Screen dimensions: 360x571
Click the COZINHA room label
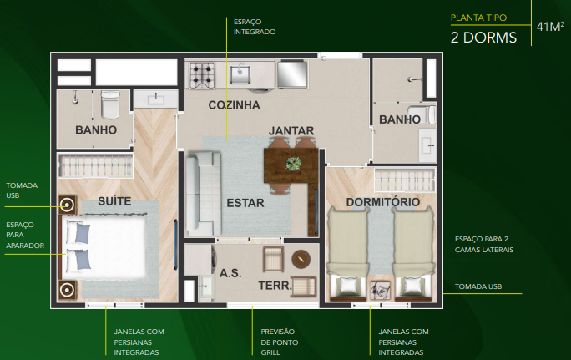click(x=234, y=105)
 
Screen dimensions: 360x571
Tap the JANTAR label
click(x=291, y=130)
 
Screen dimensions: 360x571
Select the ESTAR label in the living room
click(x=245, y=202)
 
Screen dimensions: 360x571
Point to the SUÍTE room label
click(x=114, y=201)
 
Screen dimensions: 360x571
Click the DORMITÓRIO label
click(x=382, y=202)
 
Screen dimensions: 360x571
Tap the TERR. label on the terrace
click(x=274, y=286)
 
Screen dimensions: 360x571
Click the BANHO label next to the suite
click(x=95, y=130)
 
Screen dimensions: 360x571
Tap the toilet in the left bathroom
click(x=110, y=104)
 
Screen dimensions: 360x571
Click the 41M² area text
click(x=549, y=27)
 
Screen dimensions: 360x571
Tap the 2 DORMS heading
click(x=483, y=37)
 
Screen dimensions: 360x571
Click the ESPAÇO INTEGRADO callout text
click(x=255, y=26)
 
